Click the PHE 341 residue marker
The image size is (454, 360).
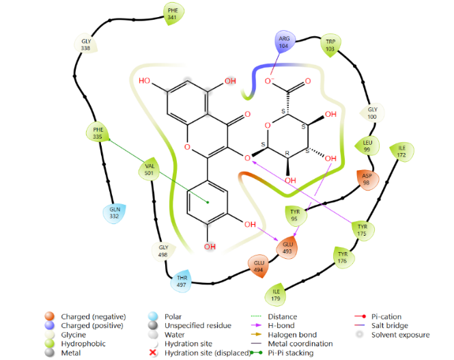(x=173, y=14)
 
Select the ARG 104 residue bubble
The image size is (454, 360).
(x=284, y=42)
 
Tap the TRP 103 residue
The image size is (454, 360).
(x=330, y=45)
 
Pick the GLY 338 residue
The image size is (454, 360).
(x=86, y=44)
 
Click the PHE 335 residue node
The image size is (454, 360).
(x=98, y=133)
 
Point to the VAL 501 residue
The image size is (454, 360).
(x=149, y=169)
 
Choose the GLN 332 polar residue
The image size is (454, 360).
(x=115, y=212)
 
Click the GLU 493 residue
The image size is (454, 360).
(x=288, y=247)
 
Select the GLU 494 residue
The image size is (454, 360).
(x=259, y=266)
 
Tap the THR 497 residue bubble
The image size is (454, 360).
(x=182, y=281)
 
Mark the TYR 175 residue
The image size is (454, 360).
(x=363, y=230)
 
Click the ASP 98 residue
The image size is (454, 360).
(x=367, y=179)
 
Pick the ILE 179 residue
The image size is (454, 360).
(x=276, y=295)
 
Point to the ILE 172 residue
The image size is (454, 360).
(x=401, y=152)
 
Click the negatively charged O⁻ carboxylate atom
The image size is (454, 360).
(x=269, y=81)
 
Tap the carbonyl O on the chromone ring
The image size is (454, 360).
(x=248, y=114)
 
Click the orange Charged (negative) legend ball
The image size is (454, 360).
(x=50, y=316)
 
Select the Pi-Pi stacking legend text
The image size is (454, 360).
(x=291, y=352)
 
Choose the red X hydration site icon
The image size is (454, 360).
(x=153, y=352)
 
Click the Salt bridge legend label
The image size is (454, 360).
(x=390, y=326)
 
